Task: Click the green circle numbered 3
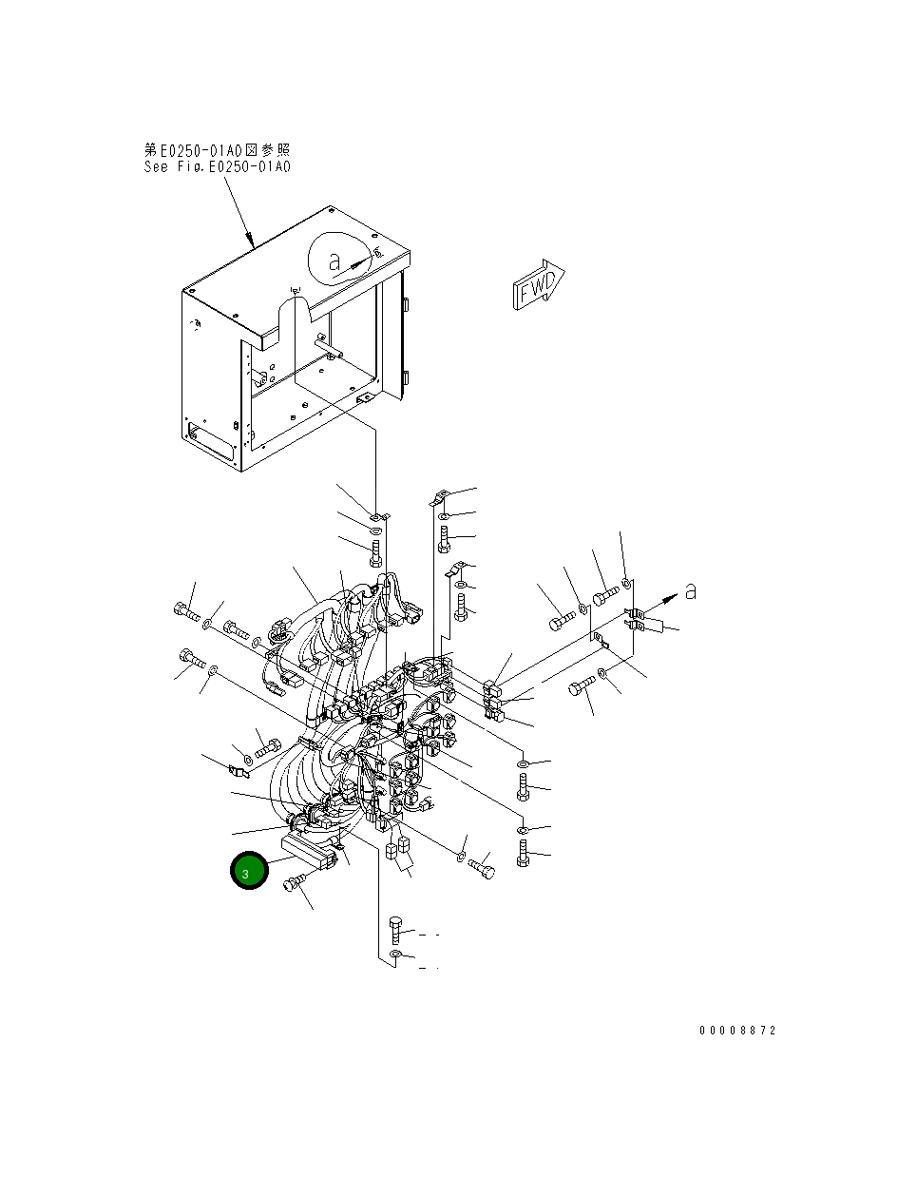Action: (x=249, y=872)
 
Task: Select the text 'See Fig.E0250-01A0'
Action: (x=217, y=166)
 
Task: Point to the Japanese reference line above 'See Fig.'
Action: (x=217, y=149)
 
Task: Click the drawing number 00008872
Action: (x=737, y=1031)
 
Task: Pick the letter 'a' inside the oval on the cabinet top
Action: (x=334, y=261)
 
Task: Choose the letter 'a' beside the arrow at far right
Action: (x=690, y=591)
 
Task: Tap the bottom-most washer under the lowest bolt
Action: (x=396, y=955)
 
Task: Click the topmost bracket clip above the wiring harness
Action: (x=440, y=496)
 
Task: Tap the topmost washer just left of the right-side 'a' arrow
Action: (x=626, y=581)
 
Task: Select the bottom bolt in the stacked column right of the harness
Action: (x=523, y=853)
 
